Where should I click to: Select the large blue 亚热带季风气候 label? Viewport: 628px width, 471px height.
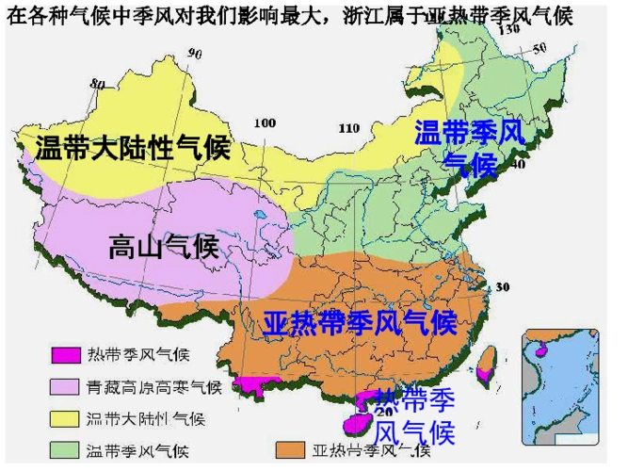360,322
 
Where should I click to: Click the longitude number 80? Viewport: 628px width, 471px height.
98,85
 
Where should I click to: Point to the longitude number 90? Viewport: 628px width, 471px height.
195,54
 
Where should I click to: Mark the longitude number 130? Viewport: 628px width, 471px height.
509,30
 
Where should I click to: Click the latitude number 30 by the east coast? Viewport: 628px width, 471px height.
502,287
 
